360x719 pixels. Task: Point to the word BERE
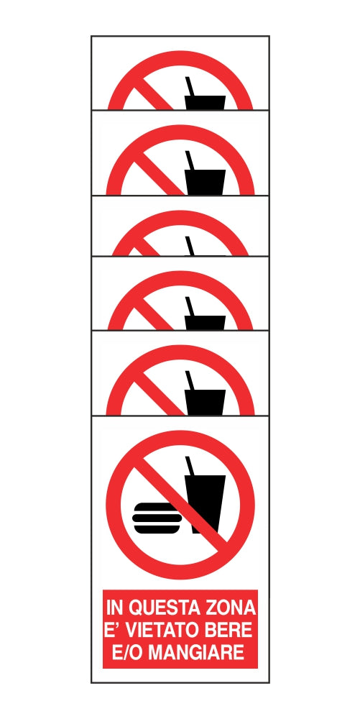point(231,631)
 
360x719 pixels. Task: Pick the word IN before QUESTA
point(114,608)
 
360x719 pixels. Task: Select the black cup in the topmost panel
point(205,103)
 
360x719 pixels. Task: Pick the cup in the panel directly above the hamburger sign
point(205,402)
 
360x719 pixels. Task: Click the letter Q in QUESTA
point(137,608)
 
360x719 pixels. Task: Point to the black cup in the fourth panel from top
point(205,322)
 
